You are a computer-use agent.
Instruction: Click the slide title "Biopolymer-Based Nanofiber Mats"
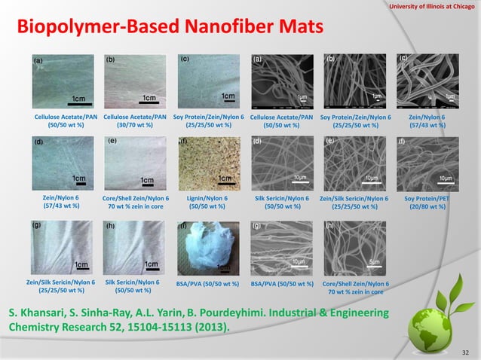click(x=170, y=27)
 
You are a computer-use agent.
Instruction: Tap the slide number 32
click(x=464, y=351)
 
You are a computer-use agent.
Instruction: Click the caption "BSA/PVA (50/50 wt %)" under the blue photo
click(x=207, y=284)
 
